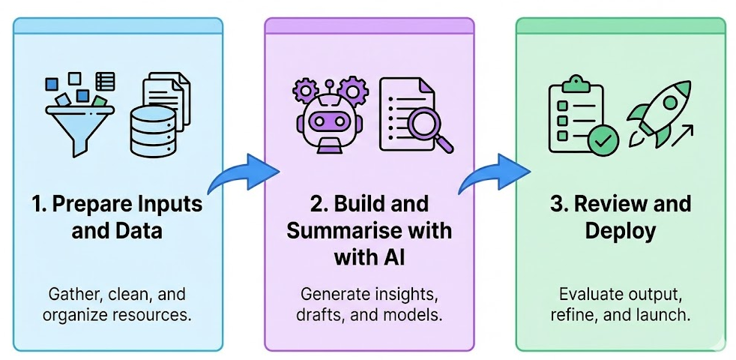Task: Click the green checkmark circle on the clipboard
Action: (603, 140)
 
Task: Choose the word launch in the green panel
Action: (662, 315)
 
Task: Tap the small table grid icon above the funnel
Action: (105, 81)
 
